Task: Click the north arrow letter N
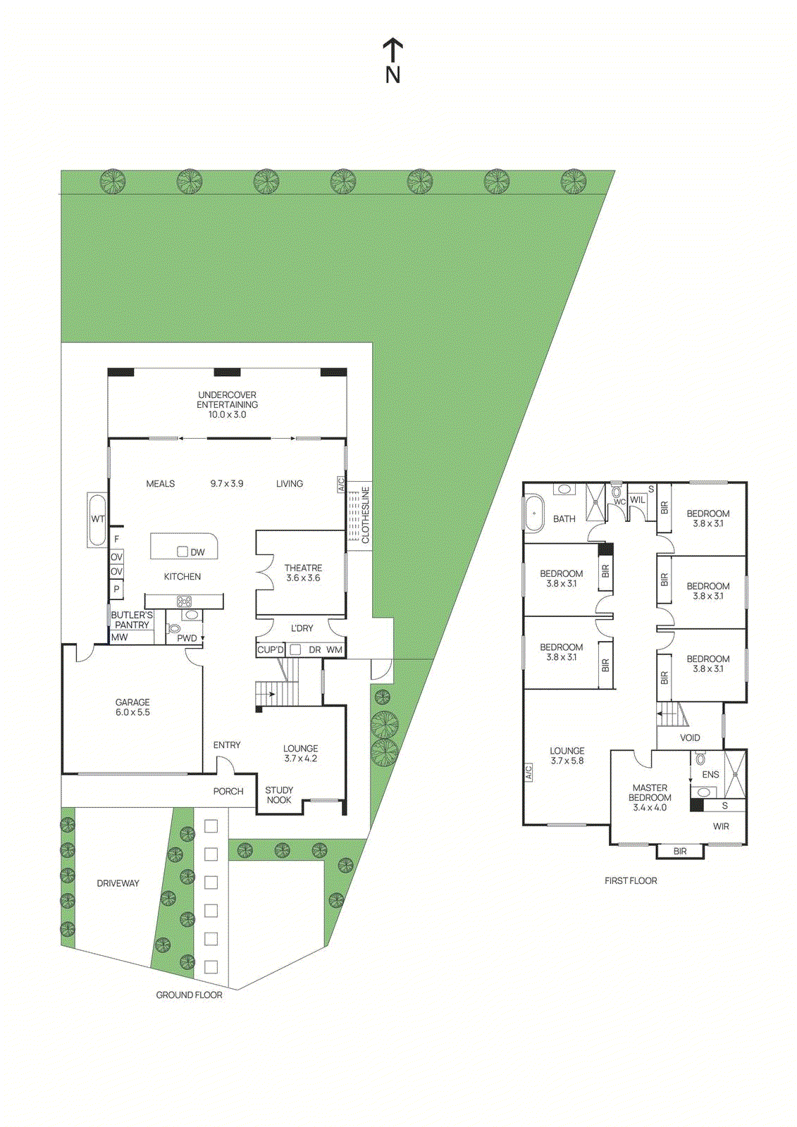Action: [393, 75]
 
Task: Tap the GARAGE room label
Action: [132, 707]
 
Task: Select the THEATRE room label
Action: [303, 573]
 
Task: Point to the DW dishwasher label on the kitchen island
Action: [197, 552]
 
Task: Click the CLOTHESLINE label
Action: [365, 515]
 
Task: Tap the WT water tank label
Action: [97, 519]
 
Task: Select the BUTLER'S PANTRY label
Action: [132, 620]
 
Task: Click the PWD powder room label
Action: [187, 638]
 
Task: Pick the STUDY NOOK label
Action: [279, 795]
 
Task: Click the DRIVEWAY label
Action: [118, 883]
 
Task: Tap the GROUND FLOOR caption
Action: [189, 995]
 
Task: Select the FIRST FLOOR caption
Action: [631, 880]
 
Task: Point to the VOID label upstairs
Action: [690, 737]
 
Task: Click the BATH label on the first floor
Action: [564, 519]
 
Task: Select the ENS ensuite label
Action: [710, 774]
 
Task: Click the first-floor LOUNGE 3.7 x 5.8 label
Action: [567, 756]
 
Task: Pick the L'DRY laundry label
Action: [302, 628]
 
